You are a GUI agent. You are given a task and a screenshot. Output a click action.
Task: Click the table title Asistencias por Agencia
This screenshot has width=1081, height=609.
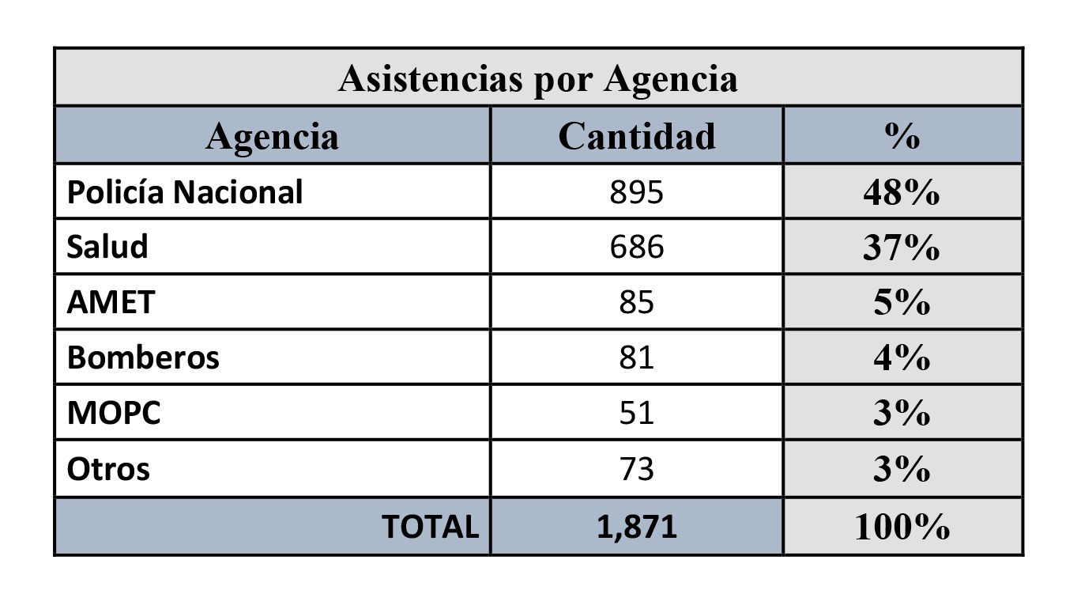point(537,78)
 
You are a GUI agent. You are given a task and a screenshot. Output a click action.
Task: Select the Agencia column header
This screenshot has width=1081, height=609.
point(272,136)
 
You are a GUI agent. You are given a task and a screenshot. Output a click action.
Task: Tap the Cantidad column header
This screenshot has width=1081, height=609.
point(636,136)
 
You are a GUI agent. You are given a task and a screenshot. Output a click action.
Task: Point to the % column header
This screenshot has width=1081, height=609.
point(902,136)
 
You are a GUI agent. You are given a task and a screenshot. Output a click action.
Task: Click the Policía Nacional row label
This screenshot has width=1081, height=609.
point(185,192)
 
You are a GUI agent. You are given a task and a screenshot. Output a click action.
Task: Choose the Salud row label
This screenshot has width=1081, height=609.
point(107,247)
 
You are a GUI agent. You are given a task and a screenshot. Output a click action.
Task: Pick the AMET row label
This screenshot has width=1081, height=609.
point(111,302)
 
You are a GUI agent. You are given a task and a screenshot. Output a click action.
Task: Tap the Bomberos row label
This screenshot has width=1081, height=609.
point(143,357)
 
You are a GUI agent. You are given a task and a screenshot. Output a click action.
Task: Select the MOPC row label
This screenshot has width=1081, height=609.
point(114,413)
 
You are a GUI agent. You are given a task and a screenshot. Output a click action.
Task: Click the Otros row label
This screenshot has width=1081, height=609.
point(108,469)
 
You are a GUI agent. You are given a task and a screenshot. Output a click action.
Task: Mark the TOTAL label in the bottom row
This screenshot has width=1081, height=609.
point(431,527)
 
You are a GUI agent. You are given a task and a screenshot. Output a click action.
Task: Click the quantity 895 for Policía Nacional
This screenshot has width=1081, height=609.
point(636,192)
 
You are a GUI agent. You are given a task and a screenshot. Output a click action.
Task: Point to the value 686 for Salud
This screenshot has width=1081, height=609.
point(636,247)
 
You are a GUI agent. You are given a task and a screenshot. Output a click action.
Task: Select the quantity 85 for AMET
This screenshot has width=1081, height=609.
point(636,302)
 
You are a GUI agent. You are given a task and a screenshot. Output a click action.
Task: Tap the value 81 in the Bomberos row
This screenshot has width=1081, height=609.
point(636,357)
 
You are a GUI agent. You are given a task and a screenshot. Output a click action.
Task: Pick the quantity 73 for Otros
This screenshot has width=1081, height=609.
point(636,469)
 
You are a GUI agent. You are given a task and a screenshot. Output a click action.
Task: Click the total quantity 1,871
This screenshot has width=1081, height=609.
point(636,527)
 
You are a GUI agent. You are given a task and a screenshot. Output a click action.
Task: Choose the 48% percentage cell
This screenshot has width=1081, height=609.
point(902,193)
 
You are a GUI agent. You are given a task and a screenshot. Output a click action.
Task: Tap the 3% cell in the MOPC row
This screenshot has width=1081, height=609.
point(902,414)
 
